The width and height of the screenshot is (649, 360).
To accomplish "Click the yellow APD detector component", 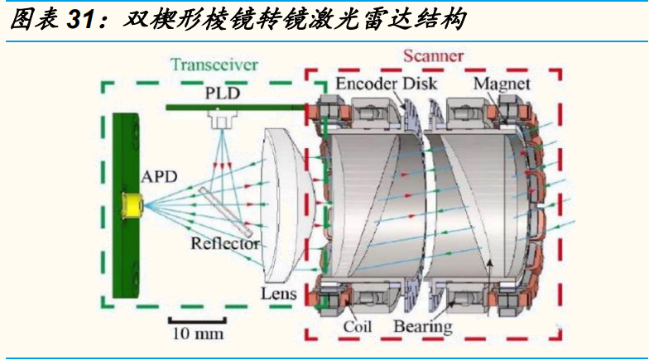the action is click(x=132, y=205).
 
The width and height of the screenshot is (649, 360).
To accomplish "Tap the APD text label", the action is click(x=159, y=177).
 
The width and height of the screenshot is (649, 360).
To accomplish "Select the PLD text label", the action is click(x=223, y=93).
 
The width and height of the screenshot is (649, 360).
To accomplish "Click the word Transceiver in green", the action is click(x=214, y=65).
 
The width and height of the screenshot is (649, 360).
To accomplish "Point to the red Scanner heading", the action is click(x=434, y=56).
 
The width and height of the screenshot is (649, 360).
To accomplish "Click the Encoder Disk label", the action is click(x=386, y=84).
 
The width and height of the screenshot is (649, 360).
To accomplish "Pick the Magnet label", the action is click(x=502, y=84).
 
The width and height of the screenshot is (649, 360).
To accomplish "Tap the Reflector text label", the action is click(x=225, y=243).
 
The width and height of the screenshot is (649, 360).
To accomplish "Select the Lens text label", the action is click(x=278, y=294).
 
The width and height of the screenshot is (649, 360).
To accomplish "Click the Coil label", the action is click(x=358, y=326).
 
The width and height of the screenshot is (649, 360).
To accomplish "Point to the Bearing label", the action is click(x=423, y=326).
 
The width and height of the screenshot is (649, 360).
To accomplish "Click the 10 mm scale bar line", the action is click(x=197, y=320).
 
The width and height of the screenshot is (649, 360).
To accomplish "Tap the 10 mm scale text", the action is click(x=198, y=334).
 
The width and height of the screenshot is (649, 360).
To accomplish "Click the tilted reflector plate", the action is click(x=225, y=211).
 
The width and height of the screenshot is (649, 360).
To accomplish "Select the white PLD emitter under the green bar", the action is click(x=222, y=120).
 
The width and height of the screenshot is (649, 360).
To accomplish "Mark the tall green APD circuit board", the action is click(x=126, y=205).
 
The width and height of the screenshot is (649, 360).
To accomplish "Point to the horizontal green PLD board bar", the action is click(x=236, y=108).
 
